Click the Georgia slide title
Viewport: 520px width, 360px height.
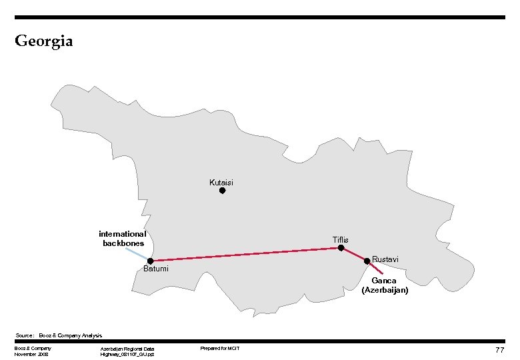pos(43,41)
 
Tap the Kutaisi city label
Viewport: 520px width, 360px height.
pos(221,182)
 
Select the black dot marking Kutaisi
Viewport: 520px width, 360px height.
pos(223,191)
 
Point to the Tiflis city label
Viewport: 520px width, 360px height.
pos(340,239)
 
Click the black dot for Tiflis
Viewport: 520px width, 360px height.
pos(341,248)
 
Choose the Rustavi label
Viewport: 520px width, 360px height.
pos(385,259)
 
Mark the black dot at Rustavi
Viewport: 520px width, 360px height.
pos(367,261)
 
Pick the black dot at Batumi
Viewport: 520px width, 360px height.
pos(151,261)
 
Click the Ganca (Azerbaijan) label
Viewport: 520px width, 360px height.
pos(385,285)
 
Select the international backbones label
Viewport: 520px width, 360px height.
pos(122,239)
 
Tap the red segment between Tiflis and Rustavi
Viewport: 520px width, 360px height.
pos(354,255)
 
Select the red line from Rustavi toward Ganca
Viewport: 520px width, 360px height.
pos(375,267)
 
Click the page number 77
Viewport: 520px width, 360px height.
pos(499,350)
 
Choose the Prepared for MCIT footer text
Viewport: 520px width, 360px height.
pos(219,349)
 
